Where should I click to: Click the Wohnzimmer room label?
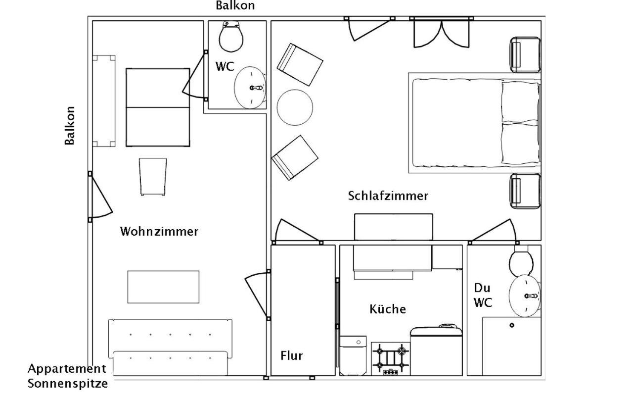tap(159, 231)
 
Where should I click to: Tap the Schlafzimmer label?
tap(388, 196)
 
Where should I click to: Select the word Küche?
tap(388, 309)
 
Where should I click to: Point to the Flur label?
tap(291, 355)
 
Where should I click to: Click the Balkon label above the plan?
tap(235, 5)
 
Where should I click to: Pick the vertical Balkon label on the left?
tap(70, 126)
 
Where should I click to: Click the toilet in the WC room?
tap(231, 36)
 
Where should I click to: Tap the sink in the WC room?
tap(250, 88)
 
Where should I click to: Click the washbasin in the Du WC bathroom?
tap(525, 296)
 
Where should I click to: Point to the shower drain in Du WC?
tap(512, 325)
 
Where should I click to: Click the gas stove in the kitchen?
tap(391, 359)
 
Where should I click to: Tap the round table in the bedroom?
tap(295, 107)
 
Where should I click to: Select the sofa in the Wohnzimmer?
tap(170, 347)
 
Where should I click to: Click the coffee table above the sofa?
tap(163, 287)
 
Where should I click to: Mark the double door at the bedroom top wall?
tap(442, 32)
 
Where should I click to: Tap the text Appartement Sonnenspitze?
tap(68, 376)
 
